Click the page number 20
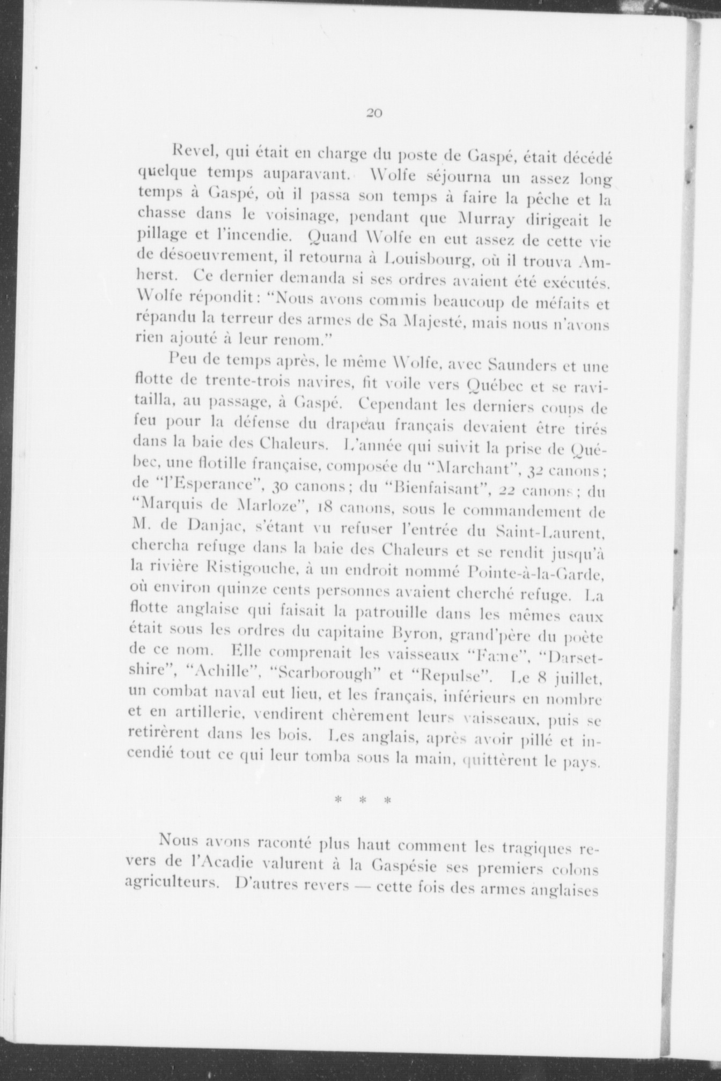click(x=373, y=113)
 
